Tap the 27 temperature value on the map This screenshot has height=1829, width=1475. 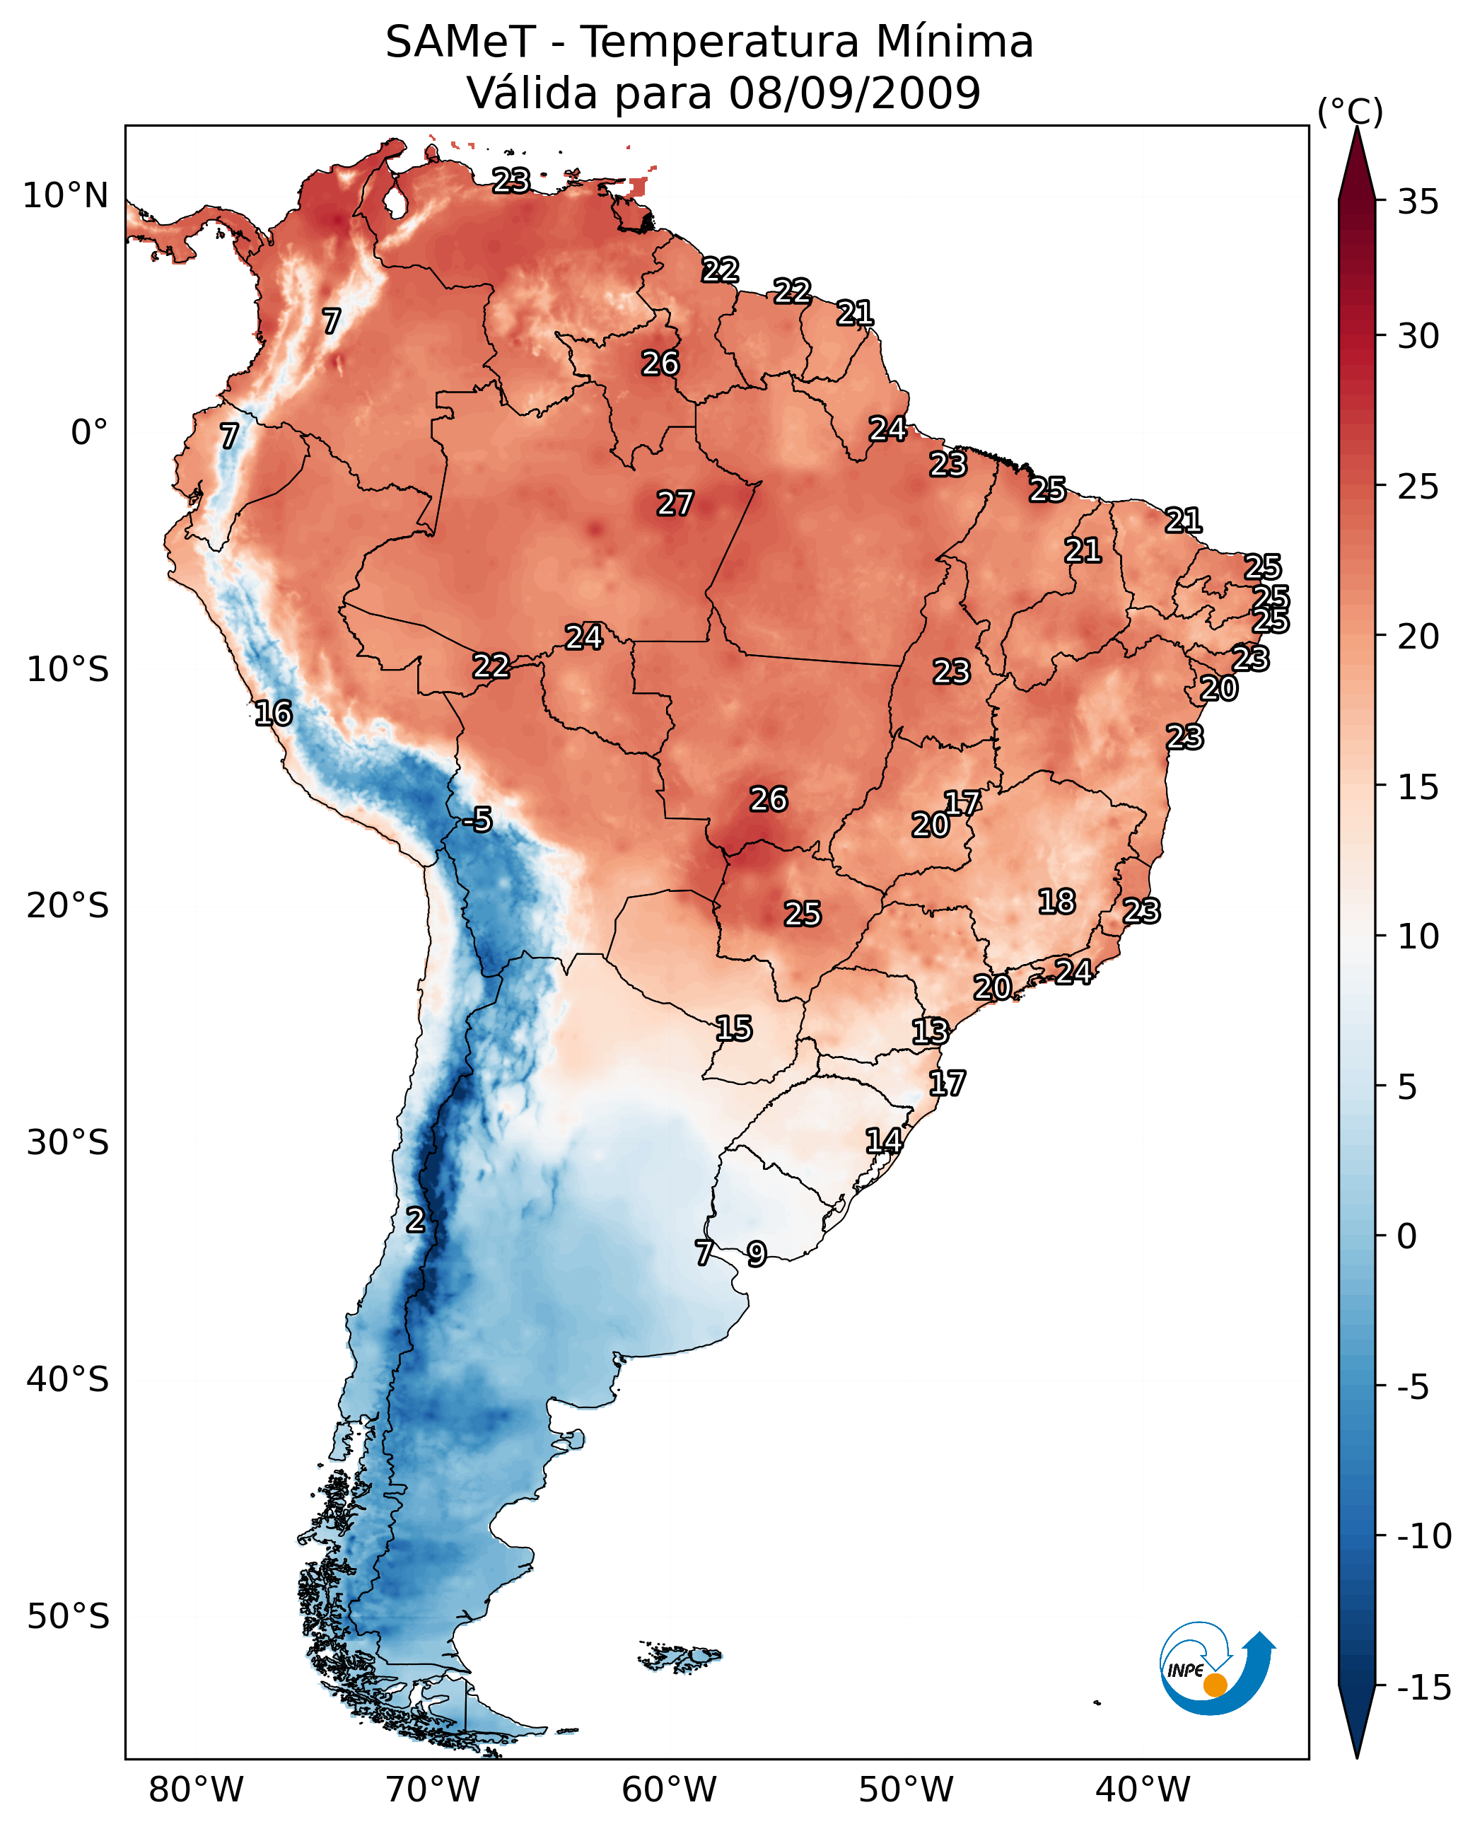[675, 504]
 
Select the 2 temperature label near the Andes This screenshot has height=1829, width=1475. [414, 1221]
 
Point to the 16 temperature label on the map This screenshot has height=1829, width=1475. [274, 713]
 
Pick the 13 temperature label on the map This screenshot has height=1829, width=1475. [931, 1032]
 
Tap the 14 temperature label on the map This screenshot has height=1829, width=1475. [884, 1141]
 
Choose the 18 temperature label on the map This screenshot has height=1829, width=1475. [1057, 902]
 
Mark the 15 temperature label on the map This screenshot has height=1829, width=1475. [733, 1029]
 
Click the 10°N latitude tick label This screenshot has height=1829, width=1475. [66, 197]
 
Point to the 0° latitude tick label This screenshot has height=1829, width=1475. [89, 433]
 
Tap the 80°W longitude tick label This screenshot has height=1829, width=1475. [197, 1790]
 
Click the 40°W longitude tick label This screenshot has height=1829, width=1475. [1143, 1790]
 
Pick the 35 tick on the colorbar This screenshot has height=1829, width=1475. [1418, 202]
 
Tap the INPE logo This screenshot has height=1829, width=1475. [1216, 1669]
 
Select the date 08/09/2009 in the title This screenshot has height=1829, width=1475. [855, 93]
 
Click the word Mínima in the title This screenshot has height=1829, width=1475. [954, 42]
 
